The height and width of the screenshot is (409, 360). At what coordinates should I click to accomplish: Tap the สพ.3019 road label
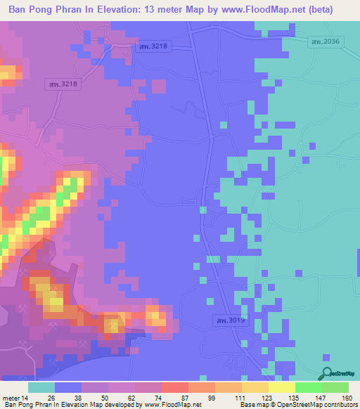(226, 320)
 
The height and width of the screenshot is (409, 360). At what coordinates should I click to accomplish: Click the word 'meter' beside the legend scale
(13, 398)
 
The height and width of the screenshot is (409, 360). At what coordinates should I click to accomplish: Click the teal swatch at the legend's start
(41, 387)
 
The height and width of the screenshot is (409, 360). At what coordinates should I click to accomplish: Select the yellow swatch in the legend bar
(282, 387)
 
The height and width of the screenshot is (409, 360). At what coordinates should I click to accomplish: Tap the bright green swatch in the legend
(309, 387)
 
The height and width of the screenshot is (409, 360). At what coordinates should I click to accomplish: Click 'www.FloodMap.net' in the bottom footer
(169, 405)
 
